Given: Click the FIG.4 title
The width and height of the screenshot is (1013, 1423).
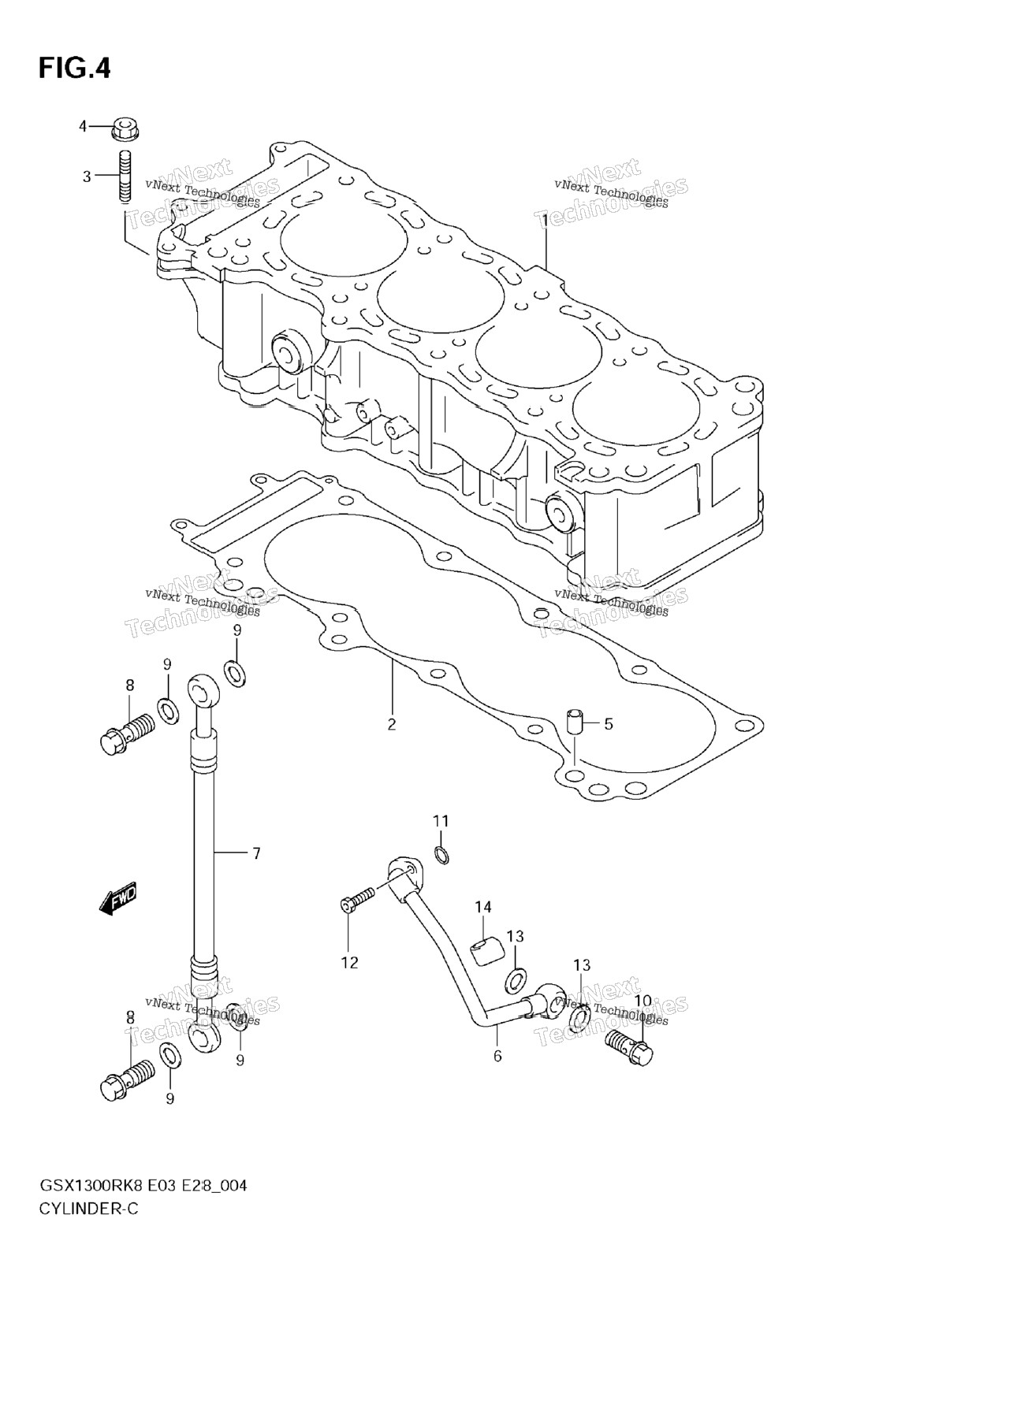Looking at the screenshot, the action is point(74,69).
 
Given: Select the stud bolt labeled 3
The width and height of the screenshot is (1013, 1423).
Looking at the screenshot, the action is point(125,177).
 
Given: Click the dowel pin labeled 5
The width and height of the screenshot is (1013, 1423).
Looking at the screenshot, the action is point(575,722).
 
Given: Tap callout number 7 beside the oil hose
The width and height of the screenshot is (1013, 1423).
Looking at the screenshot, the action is point(256,853).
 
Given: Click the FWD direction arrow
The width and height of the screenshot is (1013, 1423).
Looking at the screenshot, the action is point(118,897).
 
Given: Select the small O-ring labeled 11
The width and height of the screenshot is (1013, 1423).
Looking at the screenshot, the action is point(443,853).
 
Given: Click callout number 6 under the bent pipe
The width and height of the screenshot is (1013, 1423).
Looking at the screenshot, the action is point(497,1056).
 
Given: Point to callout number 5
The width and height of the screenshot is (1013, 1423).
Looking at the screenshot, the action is point(608,723).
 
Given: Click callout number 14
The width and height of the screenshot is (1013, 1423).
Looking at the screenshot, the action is point(482,908).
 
